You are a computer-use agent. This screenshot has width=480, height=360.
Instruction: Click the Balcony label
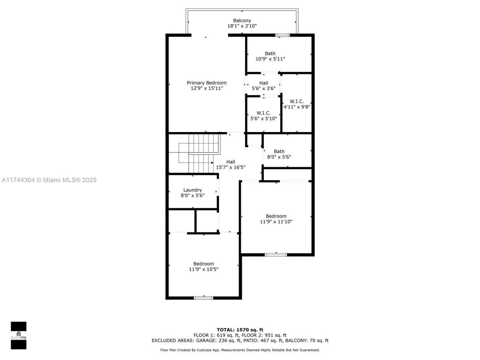click(242, 21)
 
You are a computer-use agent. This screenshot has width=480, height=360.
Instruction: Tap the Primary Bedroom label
click(207, 83)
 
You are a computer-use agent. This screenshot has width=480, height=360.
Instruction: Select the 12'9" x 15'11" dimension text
click(207, 88)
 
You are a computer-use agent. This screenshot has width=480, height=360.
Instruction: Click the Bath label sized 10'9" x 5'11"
click(270, 54)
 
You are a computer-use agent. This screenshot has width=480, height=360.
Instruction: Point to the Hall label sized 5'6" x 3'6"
click(264, 83)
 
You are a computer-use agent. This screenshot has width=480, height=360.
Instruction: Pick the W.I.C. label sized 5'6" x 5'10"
click(264, 113)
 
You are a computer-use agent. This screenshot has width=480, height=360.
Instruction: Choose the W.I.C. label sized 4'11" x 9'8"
click(297, 102)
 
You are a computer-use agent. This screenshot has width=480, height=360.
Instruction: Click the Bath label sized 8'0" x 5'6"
click(279, 151)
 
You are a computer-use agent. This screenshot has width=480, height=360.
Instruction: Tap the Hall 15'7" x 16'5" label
click(231, 162)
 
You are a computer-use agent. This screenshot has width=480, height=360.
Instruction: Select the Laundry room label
click(192, 190)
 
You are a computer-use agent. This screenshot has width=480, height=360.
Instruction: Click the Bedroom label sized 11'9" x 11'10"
click(276, 216)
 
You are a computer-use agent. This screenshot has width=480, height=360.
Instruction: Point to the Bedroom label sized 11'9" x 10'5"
click(204, 264)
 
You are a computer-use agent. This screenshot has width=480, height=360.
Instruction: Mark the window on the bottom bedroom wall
click(204, 298)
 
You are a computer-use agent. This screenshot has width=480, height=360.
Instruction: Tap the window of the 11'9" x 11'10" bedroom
click(276, 255)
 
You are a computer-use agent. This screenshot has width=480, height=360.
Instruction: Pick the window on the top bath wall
click(282, 35)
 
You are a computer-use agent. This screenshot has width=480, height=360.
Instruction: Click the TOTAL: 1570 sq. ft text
click(240, 330)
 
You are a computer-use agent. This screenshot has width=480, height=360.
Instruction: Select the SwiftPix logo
click(18, 335)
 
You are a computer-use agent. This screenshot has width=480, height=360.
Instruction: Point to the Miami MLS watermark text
click(49, 180)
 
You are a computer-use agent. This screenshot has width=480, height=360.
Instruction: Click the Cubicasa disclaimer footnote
click(240, 350)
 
